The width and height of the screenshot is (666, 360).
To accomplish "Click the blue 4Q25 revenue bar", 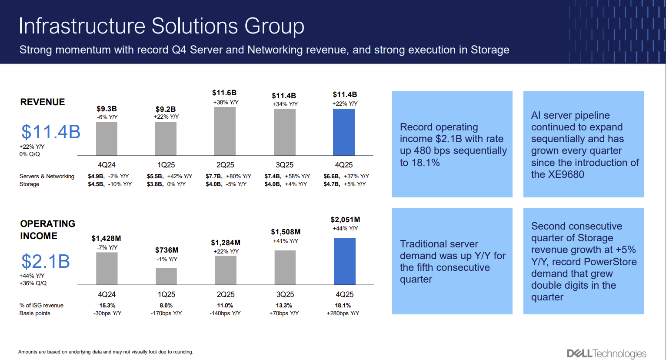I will pyautogui.click(x=343, y=132).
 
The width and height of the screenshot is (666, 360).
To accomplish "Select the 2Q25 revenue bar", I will pyautogui.click(x=225, y=131).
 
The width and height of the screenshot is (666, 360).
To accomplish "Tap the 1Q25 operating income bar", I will pyautogui.click(x=166, y=276).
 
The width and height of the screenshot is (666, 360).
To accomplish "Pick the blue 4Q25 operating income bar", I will pyautogui.click(x=344, y=261).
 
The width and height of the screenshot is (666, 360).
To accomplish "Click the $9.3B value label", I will pyautogui.click(x=107, y=109).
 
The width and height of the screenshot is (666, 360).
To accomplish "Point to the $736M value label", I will pyautogui.click(x=166, y=250).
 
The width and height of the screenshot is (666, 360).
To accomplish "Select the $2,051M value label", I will pyautogui.click(x=345, y=220).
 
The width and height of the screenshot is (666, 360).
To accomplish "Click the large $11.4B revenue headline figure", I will pyautogui.click(x=51, y=132).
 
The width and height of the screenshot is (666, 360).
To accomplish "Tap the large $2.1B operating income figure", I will pyautogui.click(x=46, y=261).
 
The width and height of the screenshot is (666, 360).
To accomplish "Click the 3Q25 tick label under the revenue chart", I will pyautogui.click(x=284, y=165).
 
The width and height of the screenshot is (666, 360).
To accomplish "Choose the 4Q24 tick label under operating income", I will pyautogui.click(x=107, y=294).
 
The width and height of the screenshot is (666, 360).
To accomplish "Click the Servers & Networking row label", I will pyautogui.click(x=47, y=176).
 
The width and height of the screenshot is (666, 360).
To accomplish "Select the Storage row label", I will pyautogui.click(x=29, y=184).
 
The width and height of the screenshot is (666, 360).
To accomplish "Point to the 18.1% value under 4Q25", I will pyautogui.click(x=343, y=305).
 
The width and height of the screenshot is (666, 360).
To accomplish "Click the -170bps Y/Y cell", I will pyautogui.click(x=166, y=313).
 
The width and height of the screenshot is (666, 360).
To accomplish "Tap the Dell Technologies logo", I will pyautogui.click(x=606, y=353).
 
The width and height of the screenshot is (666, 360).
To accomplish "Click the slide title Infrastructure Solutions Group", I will pyautogui.click(x=161, y=26).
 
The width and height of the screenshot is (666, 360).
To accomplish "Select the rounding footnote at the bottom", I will pyautogui.click(x=106, y=352).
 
